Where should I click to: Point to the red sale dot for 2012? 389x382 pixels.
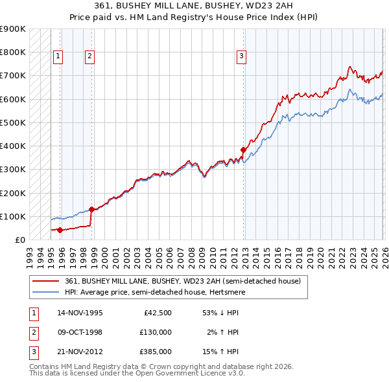coord(244,150)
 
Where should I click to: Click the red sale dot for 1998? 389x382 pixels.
coord(91,209)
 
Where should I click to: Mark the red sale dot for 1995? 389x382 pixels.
coord(60,230)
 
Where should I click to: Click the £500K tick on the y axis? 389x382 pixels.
coord(13,122)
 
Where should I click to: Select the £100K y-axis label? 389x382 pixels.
coord(13,216)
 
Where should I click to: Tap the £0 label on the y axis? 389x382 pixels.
coord(19,240)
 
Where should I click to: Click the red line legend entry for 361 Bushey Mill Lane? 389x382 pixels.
coord(183,282)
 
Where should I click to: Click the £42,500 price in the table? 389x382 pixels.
coord(158,313)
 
